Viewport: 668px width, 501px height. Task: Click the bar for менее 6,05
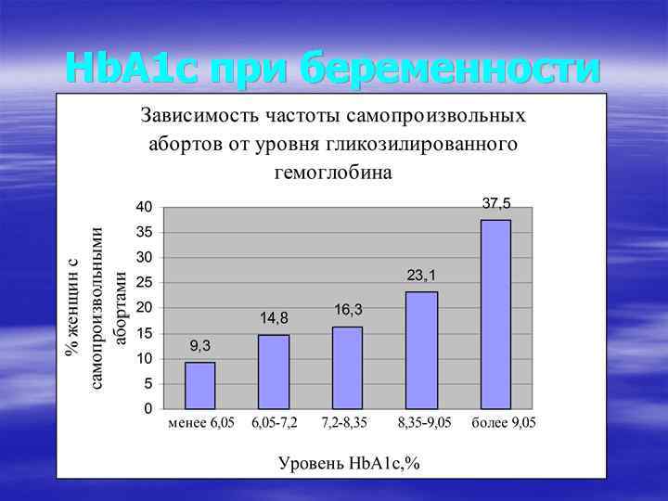[x=199, y=385]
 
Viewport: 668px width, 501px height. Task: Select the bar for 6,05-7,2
[x=274, y=371]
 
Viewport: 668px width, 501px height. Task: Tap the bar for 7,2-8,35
[x=347, y=367]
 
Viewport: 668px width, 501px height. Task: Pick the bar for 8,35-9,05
[x=421, y=350]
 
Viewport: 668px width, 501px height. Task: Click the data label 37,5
[x=496, y=202]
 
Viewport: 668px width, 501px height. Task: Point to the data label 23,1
[x=422, y=275]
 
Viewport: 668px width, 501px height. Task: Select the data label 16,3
[x=348, y=309]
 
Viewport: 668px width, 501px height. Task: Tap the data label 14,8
[x=274, y=317]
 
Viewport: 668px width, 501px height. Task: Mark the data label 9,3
[x=199, y=345]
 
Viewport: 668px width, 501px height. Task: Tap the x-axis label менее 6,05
[x=201, y=423]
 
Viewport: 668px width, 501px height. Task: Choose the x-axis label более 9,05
[x=504, y=423]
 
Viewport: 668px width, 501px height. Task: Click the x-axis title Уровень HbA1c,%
[x=349, y=463]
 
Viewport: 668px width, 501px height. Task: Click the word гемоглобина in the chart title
[x=333, y=172]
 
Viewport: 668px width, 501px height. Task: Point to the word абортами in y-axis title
[x=119, y=307]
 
